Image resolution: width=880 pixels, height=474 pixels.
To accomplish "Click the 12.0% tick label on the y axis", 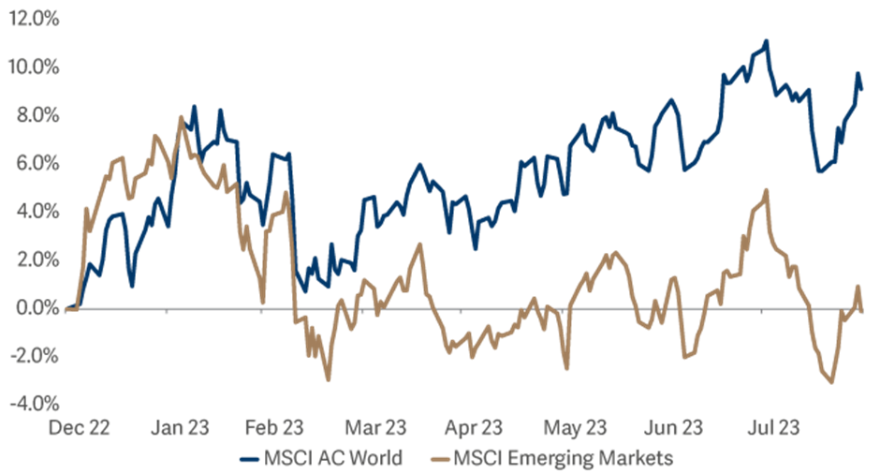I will pyautogui.click(x=33, y=20).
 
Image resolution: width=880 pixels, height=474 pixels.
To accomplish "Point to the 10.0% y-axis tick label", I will pyautogui.click(x=33, y=67).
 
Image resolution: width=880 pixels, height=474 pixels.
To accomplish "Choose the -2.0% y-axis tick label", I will pyautogui.click(x=35, y=356).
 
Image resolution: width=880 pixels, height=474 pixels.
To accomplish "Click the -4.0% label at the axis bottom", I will pyautogui.click(x=35, y=405).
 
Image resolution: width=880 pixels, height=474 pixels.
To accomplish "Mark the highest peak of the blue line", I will pyautogui.click(x=767, y=40).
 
